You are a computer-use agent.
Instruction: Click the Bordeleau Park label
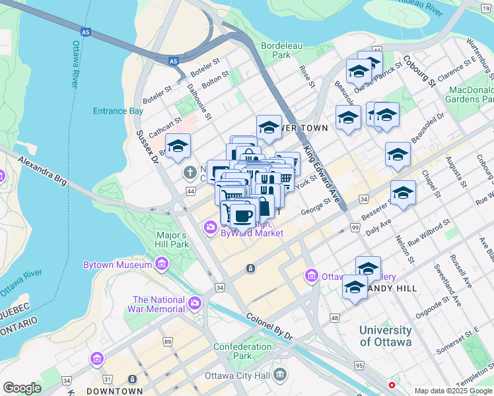[x=276, y=50]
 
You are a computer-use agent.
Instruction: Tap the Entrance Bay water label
[x=118, y=111]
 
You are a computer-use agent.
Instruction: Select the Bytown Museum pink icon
[x=162, y=265]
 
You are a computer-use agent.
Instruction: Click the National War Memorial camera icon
[x=194, y=304]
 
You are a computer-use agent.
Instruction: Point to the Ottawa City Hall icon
[x=280, y=375]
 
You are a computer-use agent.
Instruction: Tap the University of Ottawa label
[x=386, y=336]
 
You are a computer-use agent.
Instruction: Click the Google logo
[x=22, y=388]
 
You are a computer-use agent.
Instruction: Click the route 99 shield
[x=355, y=228]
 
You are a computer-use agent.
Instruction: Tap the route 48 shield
[x=335, y=318]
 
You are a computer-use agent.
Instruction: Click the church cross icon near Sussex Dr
[x=190, y=173]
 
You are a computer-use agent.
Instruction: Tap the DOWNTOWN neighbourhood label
[x=114, y=391]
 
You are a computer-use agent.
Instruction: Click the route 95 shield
[x=359, y=365]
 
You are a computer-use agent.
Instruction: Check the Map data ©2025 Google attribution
[x=452, y=391]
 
